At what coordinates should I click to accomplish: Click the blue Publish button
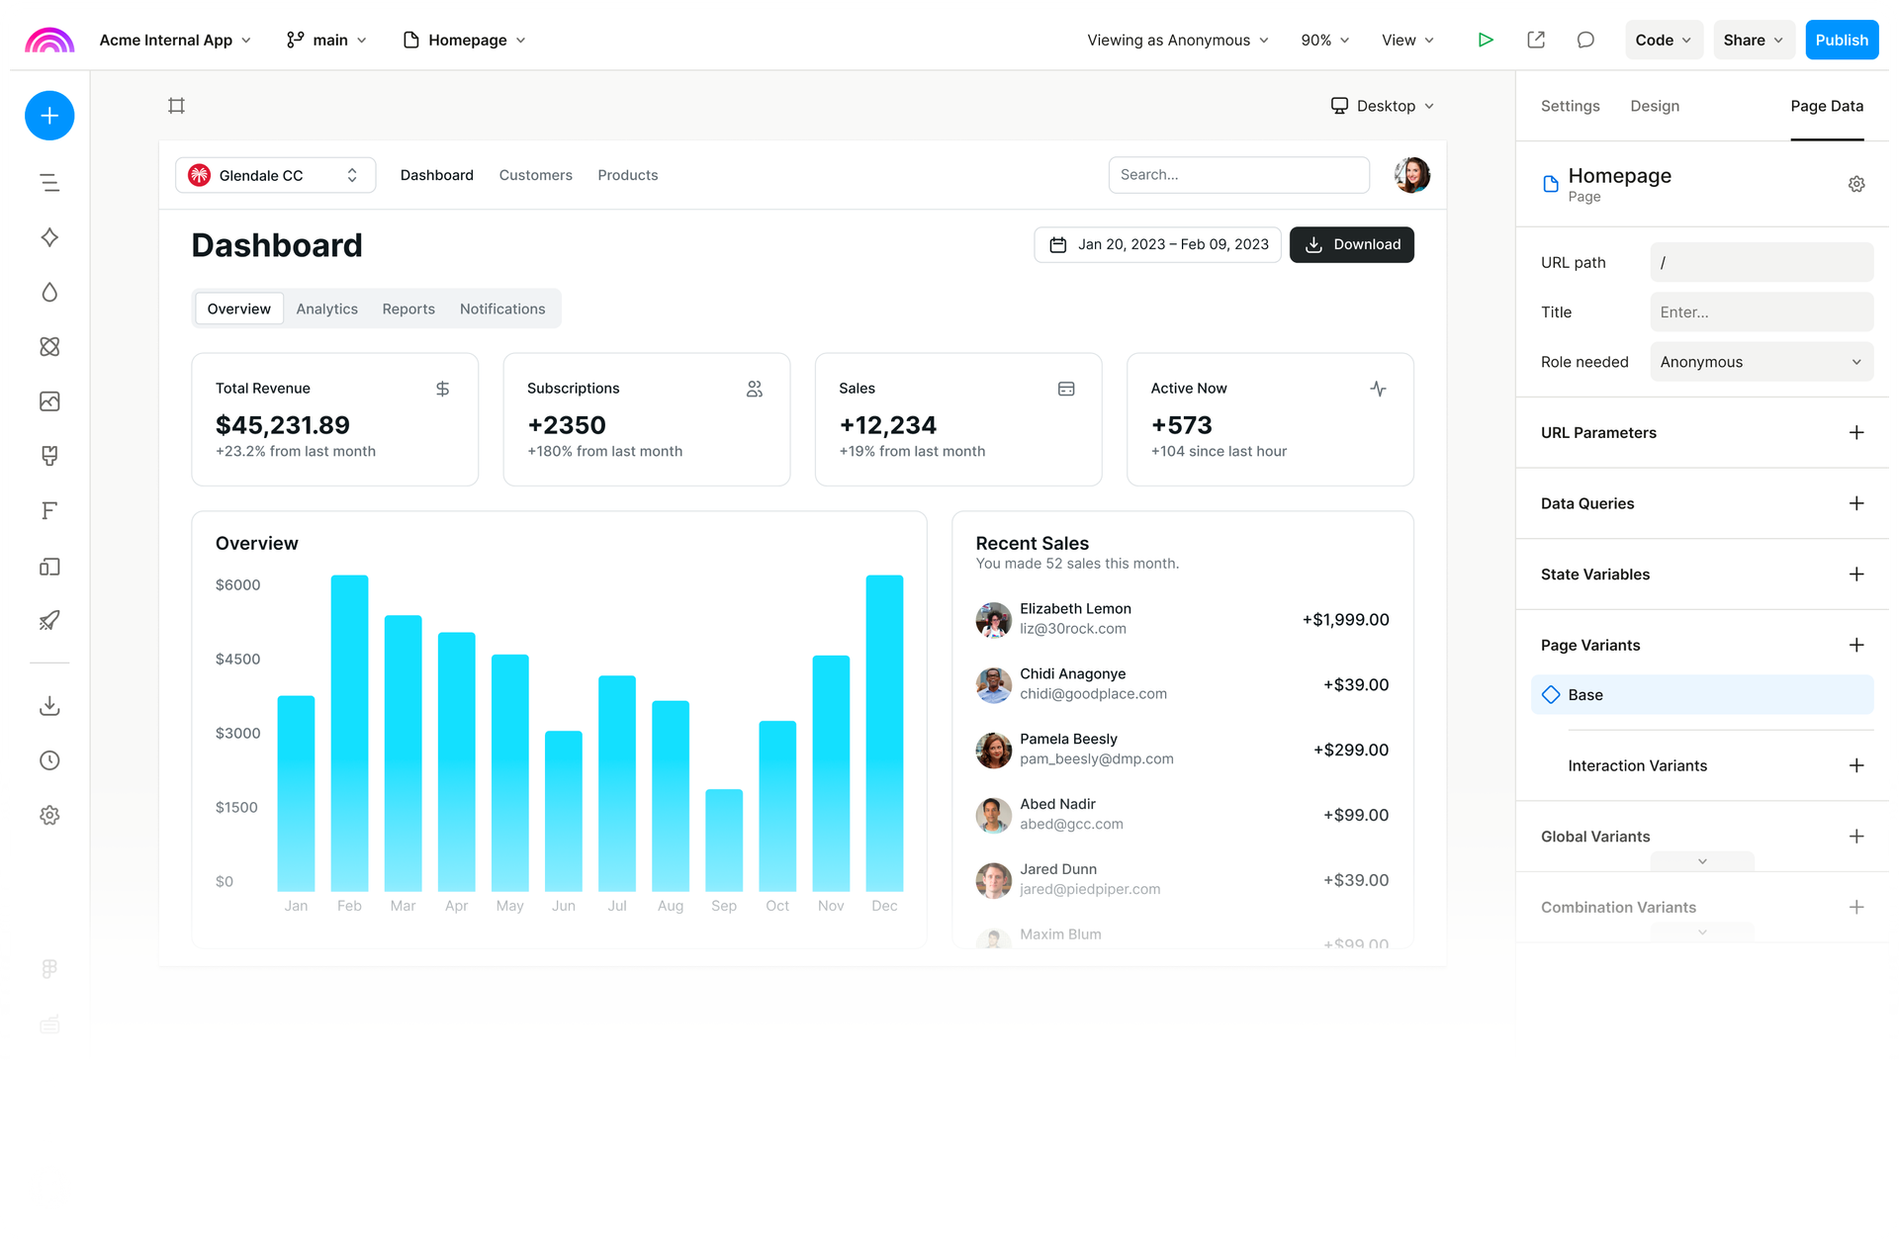[x=1841, y=41]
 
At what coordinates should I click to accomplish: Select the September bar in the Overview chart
[x=723, y=841]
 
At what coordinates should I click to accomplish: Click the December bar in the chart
[x=884, y=733]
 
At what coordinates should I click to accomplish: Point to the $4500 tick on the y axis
[x=238, y=660]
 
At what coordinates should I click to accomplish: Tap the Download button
[x=1351, y=244]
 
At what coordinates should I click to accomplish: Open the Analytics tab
[x=326, y=310]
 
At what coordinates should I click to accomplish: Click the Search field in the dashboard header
[x=1238, y=175]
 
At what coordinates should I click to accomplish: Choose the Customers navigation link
[x=535, y=175]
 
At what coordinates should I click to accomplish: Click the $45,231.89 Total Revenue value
[x=283, y=425]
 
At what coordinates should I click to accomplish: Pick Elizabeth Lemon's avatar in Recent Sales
[x=993, y=619]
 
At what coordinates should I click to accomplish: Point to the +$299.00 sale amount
[x=1350, y=751]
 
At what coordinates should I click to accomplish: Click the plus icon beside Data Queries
[x=1856, y=503]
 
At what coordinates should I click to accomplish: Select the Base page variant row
[x=1701, y=695]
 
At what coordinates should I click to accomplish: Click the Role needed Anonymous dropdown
[x=1761, y=362]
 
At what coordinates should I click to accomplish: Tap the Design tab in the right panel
[x=1655, y=106]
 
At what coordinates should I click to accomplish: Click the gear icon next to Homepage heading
[x=1856, y=184]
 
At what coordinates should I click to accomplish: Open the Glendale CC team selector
[x=275, y=175]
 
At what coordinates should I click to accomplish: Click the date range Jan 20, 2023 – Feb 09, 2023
[x=1157, y=244]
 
